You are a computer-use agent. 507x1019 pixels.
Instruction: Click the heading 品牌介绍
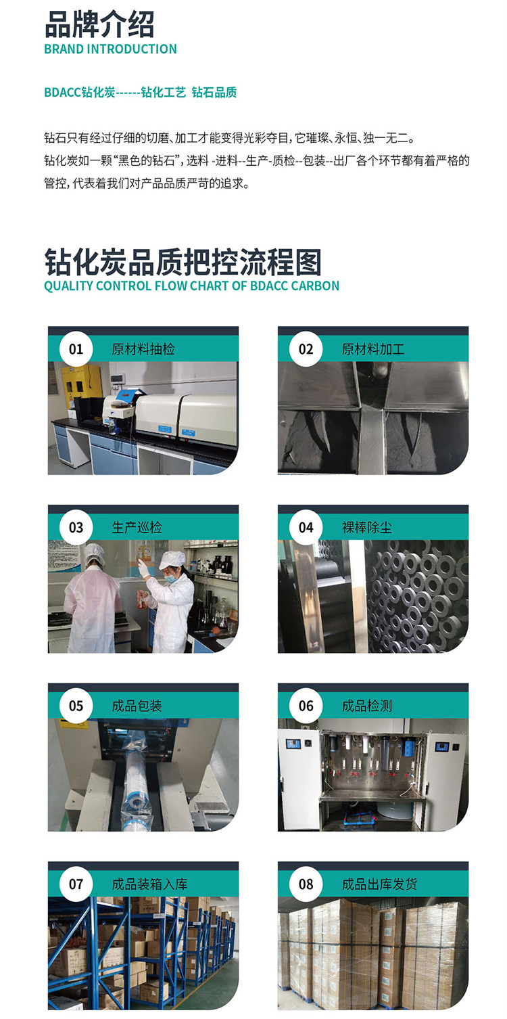pos(99,24)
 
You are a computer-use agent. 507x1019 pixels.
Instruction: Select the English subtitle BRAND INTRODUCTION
pos(110,49)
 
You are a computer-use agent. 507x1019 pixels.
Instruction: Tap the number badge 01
pos(76,349)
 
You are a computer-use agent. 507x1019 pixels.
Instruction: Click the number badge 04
pos(306,527)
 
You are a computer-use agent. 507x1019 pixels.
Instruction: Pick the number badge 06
pos(306,706)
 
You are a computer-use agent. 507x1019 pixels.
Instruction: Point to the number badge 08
pos(306,884)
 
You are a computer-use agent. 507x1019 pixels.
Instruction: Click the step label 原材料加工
pos(373,349)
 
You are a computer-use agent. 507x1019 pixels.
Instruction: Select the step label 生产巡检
pos(137,528)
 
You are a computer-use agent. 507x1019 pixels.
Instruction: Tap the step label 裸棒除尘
pos(366,528)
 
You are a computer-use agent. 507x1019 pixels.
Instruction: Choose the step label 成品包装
pos(137,706)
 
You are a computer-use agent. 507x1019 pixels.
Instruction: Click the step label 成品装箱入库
pos(149,884)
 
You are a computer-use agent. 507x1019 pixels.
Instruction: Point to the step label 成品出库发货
pos(379,884)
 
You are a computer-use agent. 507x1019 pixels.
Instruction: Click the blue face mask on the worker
pos(170,579)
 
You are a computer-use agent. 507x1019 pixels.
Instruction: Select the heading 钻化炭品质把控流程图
pos(183,263)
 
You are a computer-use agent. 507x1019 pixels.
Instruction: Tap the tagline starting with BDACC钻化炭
pos(141,92)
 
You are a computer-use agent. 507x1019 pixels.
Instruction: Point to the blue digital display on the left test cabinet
pos(293,744)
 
